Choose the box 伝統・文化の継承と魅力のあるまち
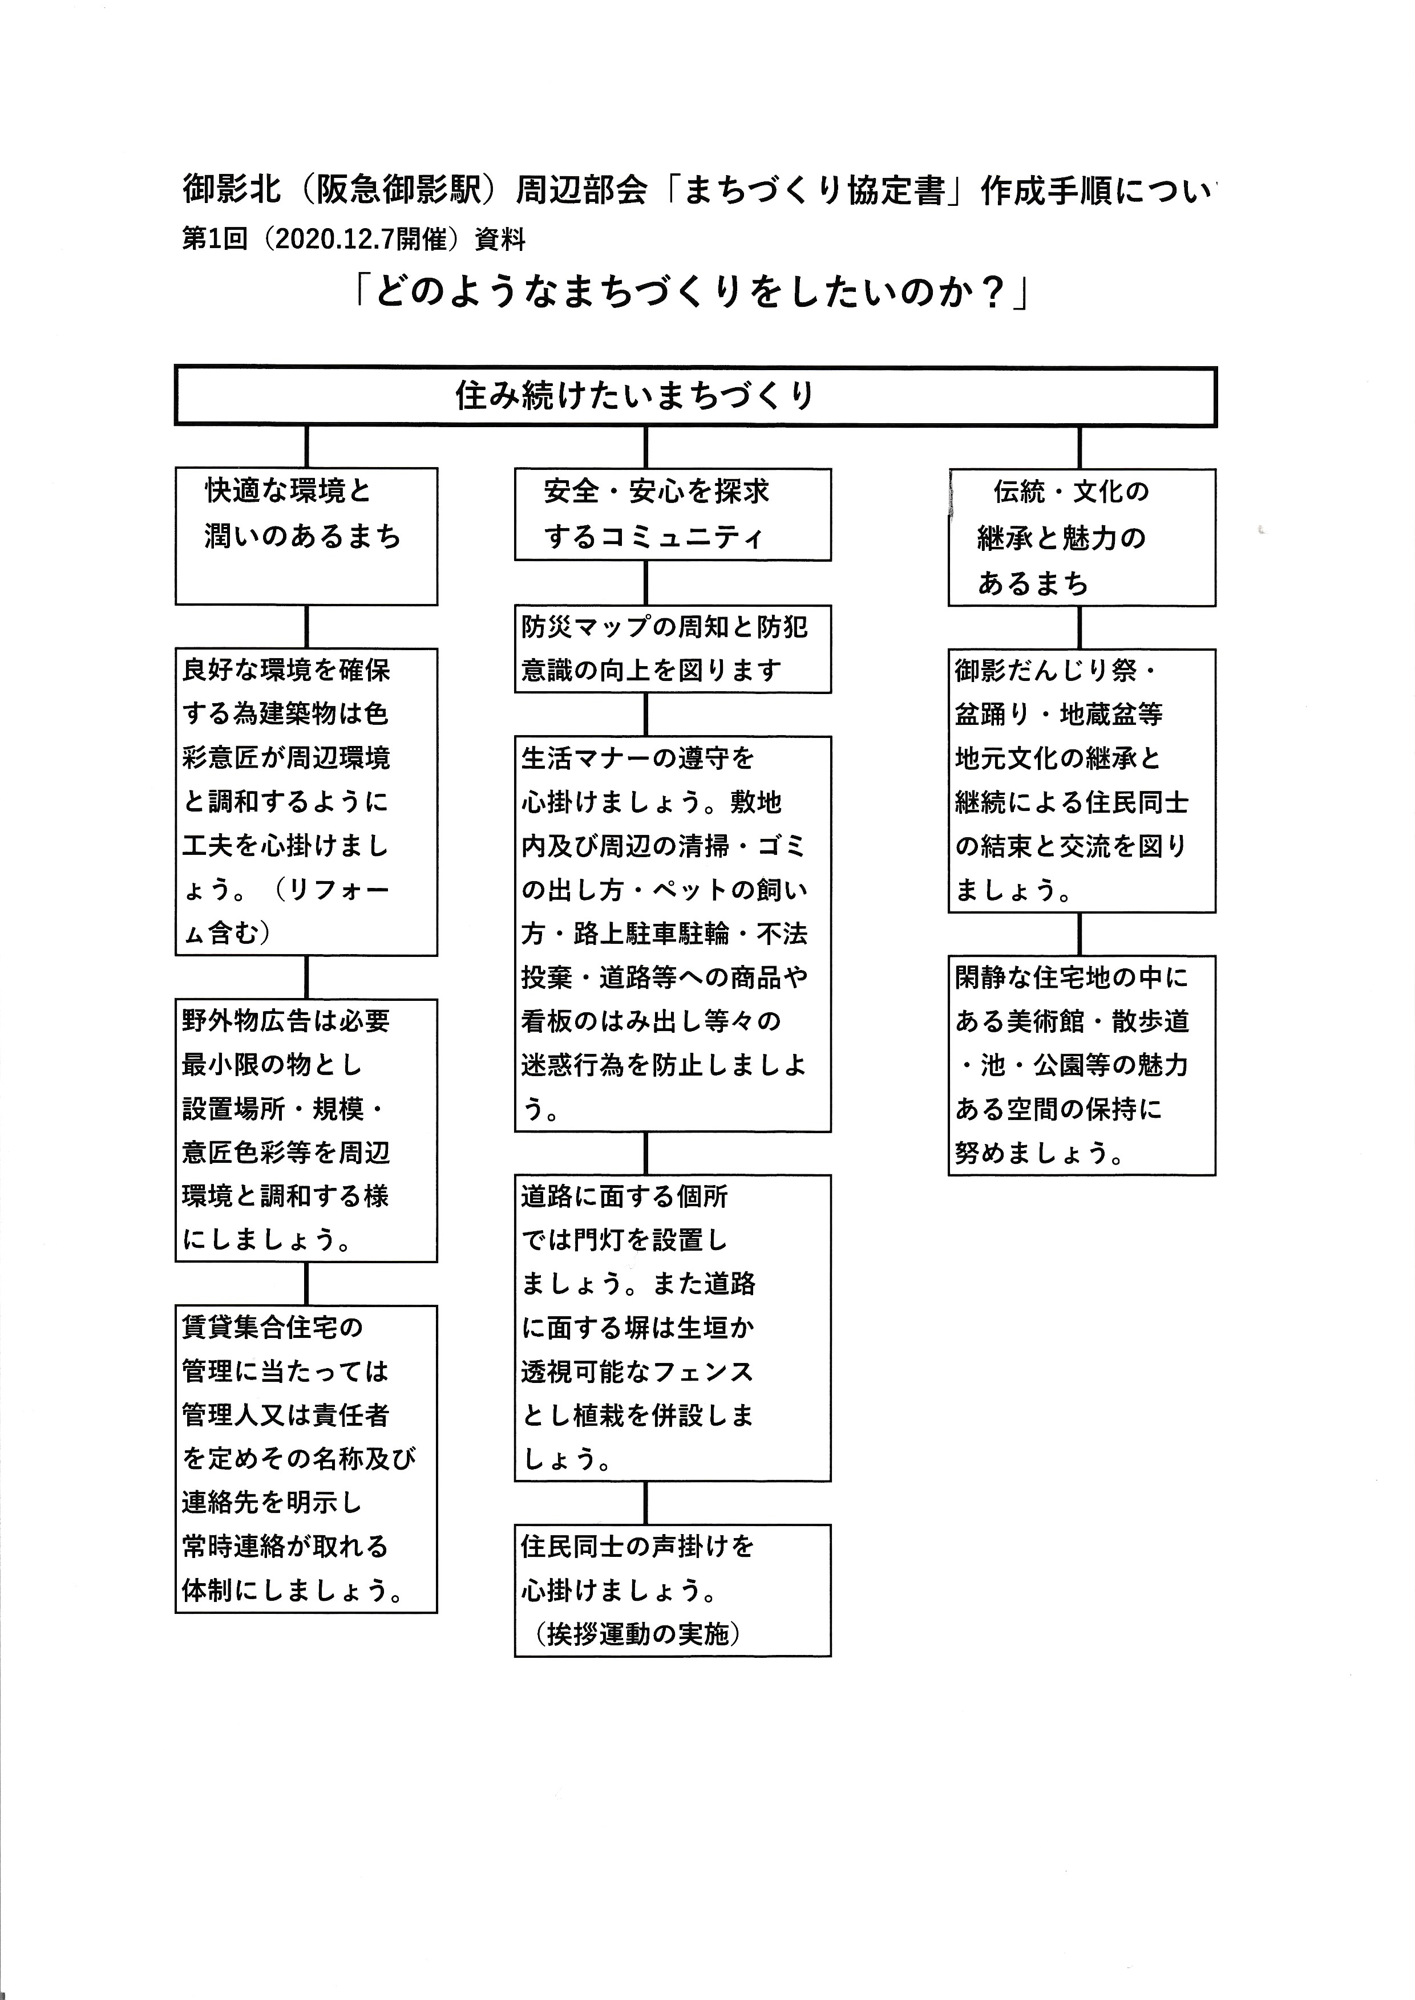coord(1081,537)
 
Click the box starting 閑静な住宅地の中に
coord(1081,1065)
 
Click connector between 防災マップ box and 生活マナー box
coord(646,714)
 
